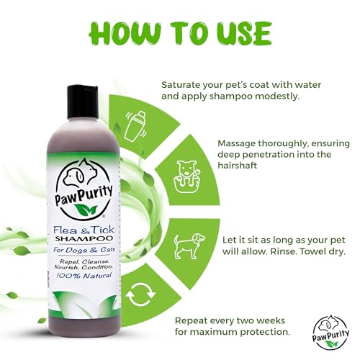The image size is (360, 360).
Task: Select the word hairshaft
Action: [x=243, y=166]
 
